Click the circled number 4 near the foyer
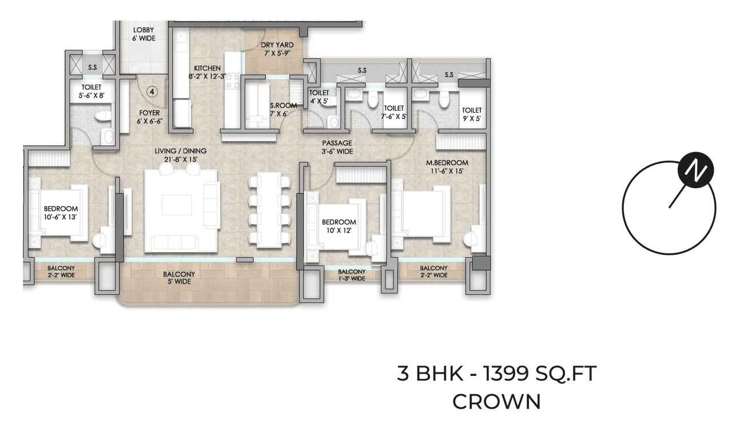(152, 91)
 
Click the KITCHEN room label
(207, 72)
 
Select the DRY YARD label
(277, 49)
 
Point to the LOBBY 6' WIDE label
(144, 34)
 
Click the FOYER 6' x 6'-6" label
(148, 117)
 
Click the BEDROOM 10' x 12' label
(339, 226)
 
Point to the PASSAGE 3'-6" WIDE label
(337, 147)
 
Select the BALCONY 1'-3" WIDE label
(351, 275)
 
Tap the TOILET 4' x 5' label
(319, 97)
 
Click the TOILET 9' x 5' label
(472, 114)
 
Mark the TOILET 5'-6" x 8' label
(91, 92)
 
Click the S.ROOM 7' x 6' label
(283, 109)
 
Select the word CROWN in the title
(496, 401)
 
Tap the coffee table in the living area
(177, 205)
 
